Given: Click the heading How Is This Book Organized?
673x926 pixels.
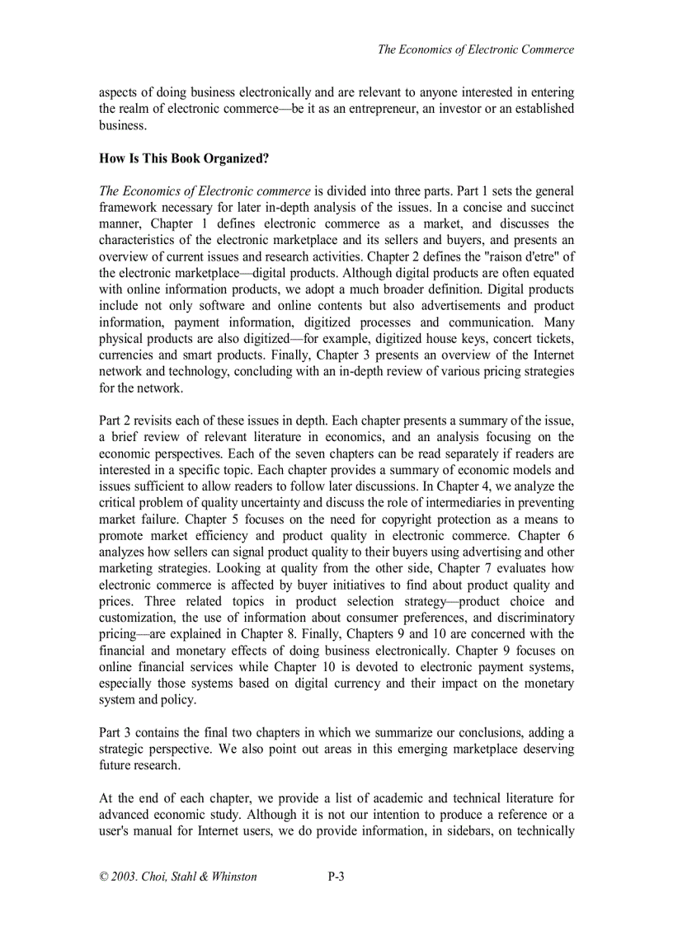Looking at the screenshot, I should point(183,158).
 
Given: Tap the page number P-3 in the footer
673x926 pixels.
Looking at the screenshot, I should point(336,877).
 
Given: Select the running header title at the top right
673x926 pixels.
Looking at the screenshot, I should point(475,49).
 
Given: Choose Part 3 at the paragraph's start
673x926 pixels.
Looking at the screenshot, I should point(115,732).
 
